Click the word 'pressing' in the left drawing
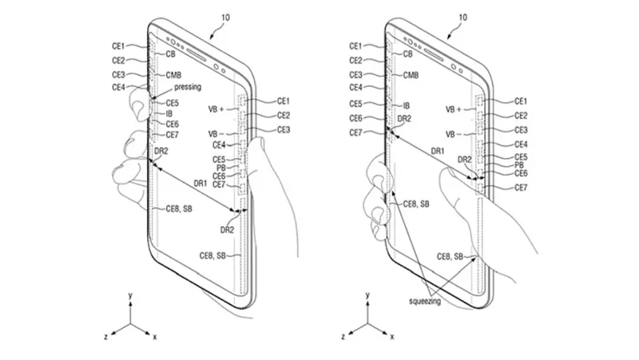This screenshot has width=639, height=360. tap(188, 87)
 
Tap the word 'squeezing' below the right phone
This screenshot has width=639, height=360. tap(425, 302)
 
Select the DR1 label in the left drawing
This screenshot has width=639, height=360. tap(200, 184)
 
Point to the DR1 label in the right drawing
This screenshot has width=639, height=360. tap(438, 151)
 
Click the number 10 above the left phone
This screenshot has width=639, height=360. tap(225, 18)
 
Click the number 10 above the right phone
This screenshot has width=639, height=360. tap(462, 18)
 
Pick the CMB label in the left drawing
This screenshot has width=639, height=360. tap(173, 75)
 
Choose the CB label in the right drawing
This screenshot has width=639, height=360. tap(407, 53)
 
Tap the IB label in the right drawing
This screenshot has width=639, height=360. tap(407, 105)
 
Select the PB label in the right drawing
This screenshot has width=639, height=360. tap(518, 165)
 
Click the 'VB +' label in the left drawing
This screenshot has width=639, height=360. tap(216, 109)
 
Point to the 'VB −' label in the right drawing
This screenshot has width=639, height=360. tap(453, 134)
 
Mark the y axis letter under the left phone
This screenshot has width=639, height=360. tap(130, 295)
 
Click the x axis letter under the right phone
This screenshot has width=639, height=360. tap(392, 337)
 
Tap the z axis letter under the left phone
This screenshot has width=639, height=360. tap(106, 337)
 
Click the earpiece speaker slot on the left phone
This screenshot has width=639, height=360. tap(196, 55)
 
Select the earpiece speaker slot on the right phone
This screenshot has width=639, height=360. tap(434, 55)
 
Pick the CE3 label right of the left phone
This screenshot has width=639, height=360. tap(284, 130)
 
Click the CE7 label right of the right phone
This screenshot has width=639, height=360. tap(521, 188)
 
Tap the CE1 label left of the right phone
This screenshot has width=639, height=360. tap(355, 46)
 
